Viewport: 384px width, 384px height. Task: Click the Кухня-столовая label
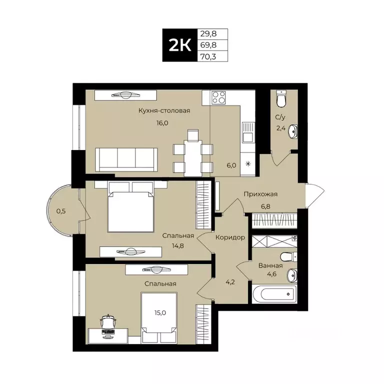coord(164,110)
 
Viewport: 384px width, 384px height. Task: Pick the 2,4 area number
coord(281,128)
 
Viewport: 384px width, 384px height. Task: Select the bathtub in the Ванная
coord(274,293)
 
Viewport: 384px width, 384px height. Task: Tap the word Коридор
coord(230,237)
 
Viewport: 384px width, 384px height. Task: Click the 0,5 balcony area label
coord(61,211)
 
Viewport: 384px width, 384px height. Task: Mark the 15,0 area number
coord(159,313)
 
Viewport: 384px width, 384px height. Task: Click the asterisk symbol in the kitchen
coord(247,163)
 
